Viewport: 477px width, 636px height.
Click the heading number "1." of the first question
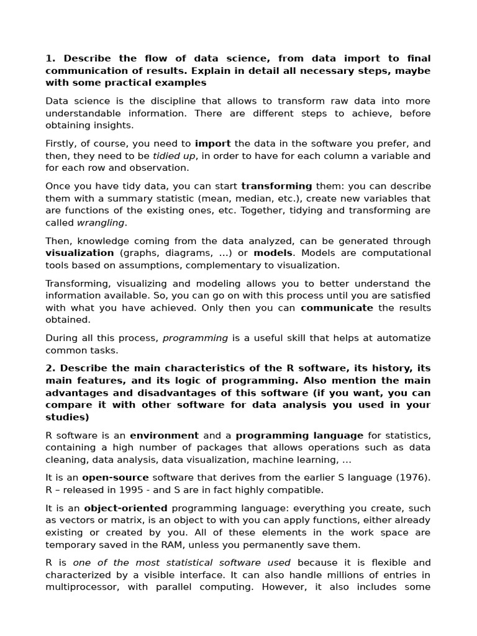50,58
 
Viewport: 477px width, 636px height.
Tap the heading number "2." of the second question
50,368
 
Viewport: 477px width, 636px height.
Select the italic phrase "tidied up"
174,156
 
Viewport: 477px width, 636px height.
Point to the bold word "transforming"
276,186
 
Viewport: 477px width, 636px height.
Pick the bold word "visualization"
79,253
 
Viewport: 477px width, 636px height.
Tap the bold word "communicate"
337,307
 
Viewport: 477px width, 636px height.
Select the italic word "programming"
195,338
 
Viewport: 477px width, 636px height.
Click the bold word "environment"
164,435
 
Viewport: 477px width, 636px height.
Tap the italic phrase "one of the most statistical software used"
182,563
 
